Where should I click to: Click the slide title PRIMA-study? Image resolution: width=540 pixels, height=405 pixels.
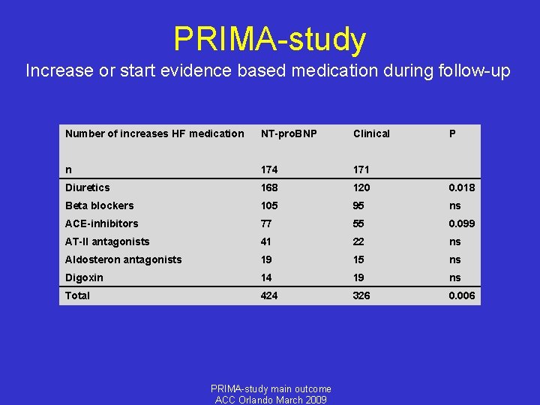[x=270, y=39]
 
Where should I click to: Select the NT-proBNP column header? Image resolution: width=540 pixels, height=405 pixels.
[x=289, y=133]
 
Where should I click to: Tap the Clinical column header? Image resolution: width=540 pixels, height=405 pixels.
[x=371, y=133]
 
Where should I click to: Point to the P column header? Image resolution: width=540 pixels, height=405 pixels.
[x=452, y=133]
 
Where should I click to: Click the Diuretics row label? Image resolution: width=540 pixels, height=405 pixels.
[x=87, y=187]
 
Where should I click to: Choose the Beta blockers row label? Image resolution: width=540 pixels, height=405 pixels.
[x=99, y=205]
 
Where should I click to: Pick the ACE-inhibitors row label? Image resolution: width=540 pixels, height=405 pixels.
[x=101, y=223]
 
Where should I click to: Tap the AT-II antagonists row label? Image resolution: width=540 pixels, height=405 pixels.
[x=107, y=241]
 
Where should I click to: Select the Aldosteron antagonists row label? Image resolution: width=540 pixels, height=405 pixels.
[x=123, y=259]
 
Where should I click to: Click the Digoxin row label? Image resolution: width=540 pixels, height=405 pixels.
[x=84, y=277]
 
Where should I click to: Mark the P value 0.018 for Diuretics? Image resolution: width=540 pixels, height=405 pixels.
[x=461, y=187]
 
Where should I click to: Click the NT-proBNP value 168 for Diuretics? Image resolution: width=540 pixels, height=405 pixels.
[x=269, y=187]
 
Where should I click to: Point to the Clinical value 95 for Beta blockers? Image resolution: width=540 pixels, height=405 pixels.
[x=360, y=205]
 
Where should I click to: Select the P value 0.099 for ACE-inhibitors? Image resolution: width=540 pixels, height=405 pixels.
[x=461, y=223]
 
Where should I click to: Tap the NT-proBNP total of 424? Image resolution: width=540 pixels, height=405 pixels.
[x=269, y=295]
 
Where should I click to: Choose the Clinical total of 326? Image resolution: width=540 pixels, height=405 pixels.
[x=362, y=295]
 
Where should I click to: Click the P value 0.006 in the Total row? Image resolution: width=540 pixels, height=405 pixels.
[x=461, y=295]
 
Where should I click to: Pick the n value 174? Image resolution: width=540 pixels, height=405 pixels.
[x=269, y=169]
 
